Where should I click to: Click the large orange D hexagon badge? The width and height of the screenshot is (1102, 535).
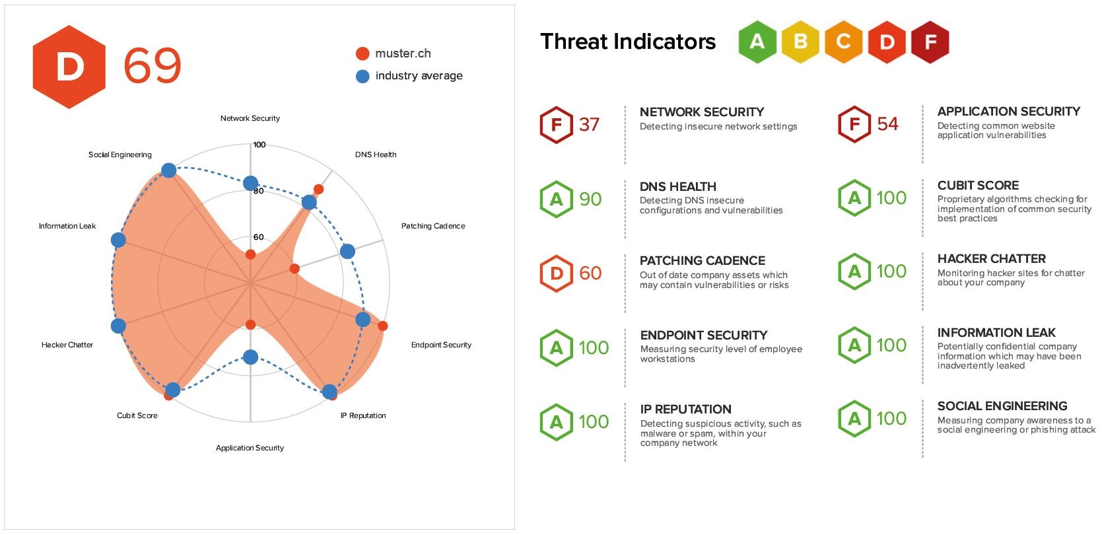[69, 67]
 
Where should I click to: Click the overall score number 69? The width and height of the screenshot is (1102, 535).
[152, 66]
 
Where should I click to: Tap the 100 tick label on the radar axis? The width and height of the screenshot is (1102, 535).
[259, 145]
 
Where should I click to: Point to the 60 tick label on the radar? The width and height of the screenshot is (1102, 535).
[258, 237]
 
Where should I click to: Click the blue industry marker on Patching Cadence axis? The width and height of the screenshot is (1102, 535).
[347, 251]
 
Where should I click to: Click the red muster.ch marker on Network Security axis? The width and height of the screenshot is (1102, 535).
[250, 254]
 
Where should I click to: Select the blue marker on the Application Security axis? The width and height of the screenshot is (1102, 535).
[250, 357]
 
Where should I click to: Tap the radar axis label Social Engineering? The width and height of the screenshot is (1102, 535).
[120, 155]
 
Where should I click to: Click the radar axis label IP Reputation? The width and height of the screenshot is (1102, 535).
[363, 415]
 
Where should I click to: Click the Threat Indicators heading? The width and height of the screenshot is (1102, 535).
[627, 42]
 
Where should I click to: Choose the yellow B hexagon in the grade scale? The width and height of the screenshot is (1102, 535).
[800, 42]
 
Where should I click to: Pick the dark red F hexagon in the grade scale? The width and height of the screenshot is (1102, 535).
[930, 42]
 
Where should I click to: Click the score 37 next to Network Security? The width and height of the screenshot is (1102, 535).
[589, 124]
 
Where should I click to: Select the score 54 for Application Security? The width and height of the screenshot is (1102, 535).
[887, 124]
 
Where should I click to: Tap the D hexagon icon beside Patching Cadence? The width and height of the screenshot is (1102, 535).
[556, 273]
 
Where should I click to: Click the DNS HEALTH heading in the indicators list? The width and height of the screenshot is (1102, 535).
[677, 187]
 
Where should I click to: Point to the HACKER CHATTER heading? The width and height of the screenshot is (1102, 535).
[991, 259]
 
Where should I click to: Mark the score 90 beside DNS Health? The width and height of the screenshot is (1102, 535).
[590, 199]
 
